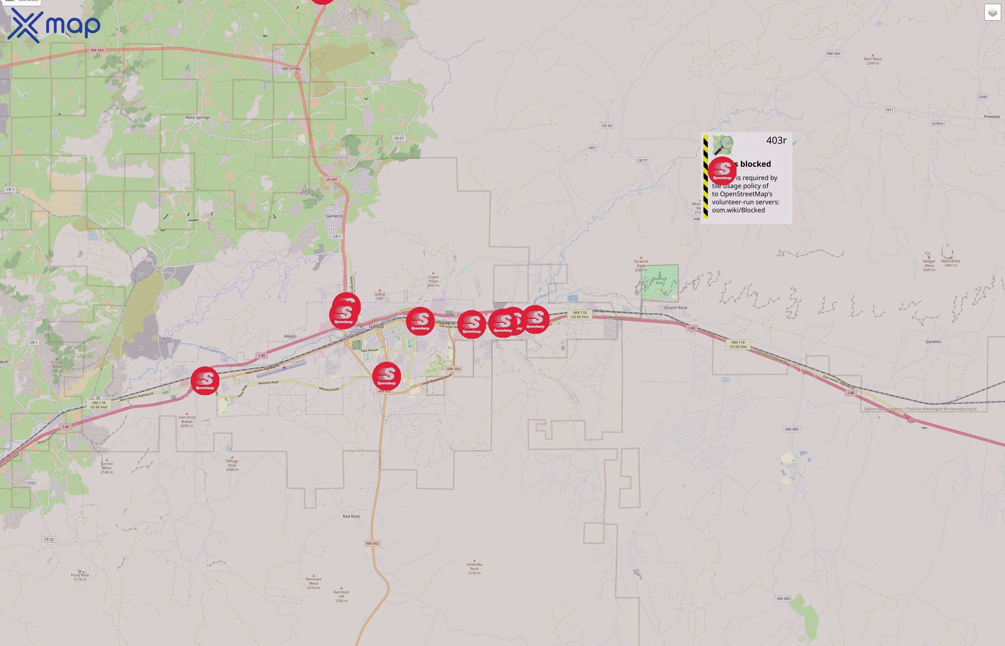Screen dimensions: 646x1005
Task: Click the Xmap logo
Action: tap(54, 25)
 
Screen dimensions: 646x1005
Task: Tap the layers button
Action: tap(992, 12)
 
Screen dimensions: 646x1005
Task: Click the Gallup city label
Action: tap(376, 326)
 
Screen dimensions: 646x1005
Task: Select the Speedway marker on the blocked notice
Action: tap(722, 169)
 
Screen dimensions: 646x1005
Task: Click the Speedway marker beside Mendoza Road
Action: tap(205, 380)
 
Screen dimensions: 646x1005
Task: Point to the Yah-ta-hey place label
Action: tap(291, 69)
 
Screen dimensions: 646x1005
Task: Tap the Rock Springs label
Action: tap(197, 117)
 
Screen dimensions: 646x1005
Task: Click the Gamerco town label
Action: tap(334, 216)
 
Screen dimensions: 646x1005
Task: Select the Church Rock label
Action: tap(675, 308)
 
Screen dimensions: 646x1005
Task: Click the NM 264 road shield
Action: tap(97, 50)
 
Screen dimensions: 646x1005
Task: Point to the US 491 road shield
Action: tap(331, 179)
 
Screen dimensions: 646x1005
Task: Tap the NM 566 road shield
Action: tap(833, 54)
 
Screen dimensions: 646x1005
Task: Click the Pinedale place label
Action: tap(992, 117)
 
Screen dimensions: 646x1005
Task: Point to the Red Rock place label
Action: tap(351, 516)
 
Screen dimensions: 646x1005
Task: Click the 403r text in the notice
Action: tap(776, 141)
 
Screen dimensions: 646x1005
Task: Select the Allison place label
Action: tap(290, 336)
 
